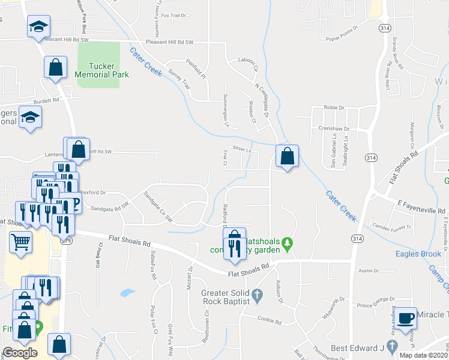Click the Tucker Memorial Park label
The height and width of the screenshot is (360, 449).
tap(102, 71)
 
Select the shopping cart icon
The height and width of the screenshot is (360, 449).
tap(20, 242)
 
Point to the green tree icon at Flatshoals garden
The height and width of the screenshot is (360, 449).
tap(288, 243)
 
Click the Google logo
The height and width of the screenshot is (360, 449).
tap(20, 353)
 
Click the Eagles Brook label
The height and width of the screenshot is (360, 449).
tap(418, 254)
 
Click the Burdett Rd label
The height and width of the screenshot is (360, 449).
tap(46, 100)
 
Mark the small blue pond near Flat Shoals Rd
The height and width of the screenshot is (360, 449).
tap(127, 293)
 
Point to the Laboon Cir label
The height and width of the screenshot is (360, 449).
tap(247, 60)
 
